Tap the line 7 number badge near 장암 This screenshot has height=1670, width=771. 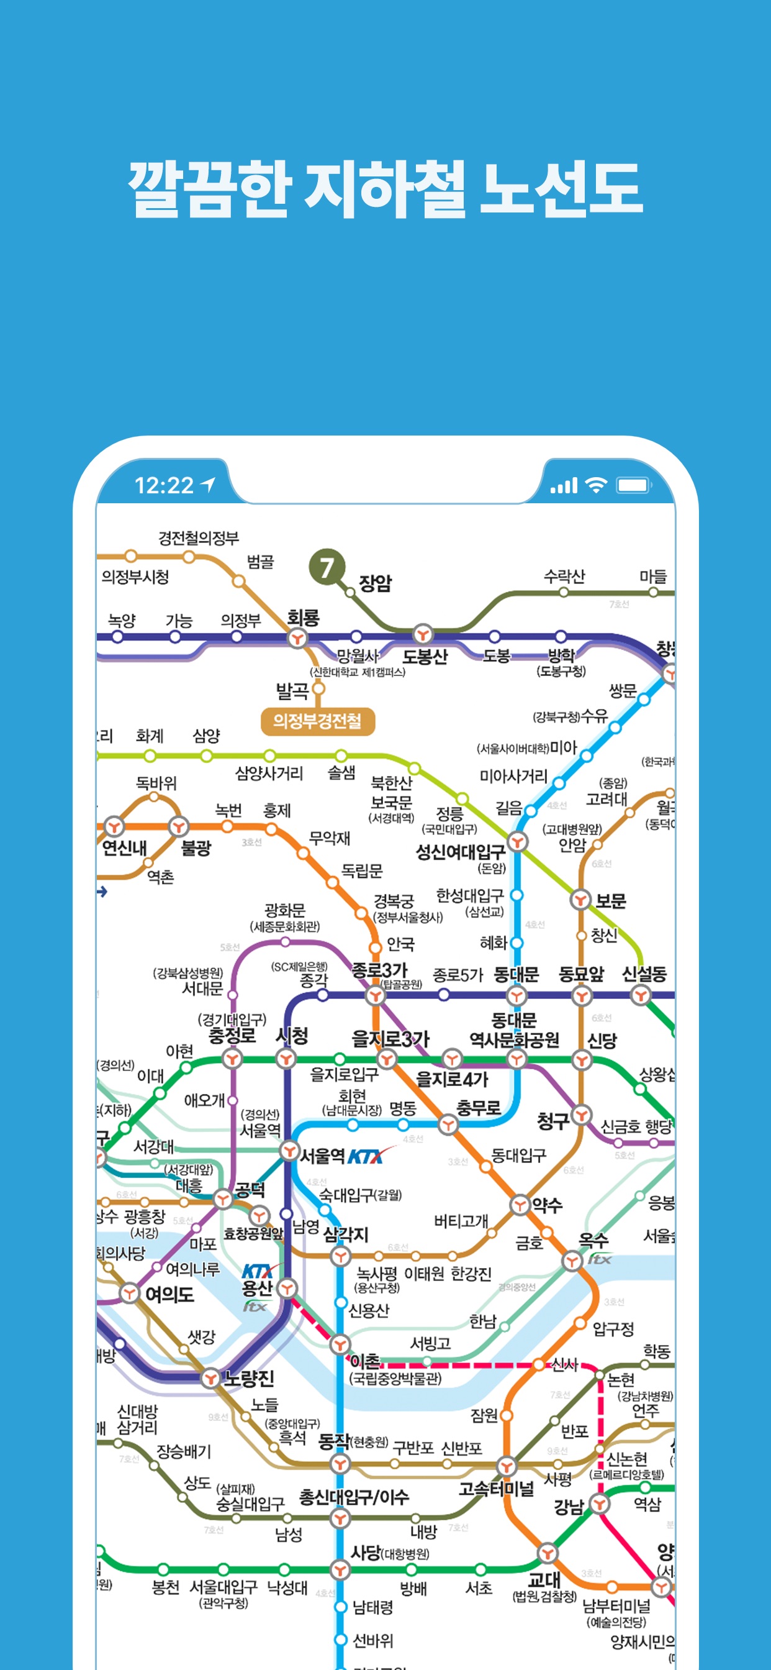click(327, 567)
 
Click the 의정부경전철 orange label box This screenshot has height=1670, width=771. click(317, 721)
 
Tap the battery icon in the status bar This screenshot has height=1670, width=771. click(633, 485)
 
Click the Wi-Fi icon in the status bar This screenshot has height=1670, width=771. click(595, 485)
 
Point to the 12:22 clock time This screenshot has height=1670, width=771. click(164, 485)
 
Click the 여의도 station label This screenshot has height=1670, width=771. click(169, 1294)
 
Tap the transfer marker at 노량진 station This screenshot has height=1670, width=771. click(210, 1377)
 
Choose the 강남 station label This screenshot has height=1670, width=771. click(568, 1506)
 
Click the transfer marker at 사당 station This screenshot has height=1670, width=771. click(340, 1569)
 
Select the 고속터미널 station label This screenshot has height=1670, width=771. click(495, 1489)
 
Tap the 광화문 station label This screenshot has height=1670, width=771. click(284, 910)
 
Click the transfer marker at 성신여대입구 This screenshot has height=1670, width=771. click(516, 841)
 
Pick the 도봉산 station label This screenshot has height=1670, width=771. click(425, 657)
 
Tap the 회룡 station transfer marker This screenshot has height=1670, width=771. click(297, 639)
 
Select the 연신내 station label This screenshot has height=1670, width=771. click(124, 847)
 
